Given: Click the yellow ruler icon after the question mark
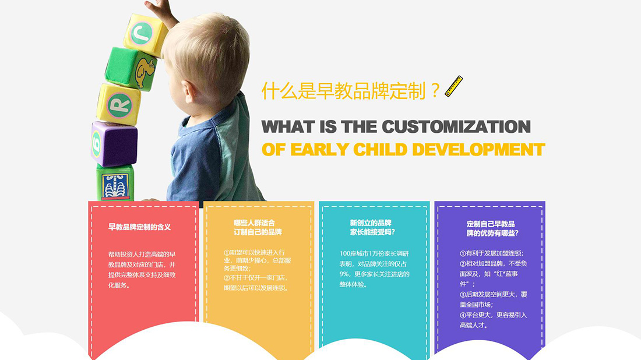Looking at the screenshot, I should coord(453,86).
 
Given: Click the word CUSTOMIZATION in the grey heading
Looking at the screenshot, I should coord(456,126).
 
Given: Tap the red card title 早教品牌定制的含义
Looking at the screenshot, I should coord(139,227).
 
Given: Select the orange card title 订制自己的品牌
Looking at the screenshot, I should coord(258,232).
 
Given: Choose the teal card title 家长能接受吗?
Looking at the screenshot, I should coord(372,232).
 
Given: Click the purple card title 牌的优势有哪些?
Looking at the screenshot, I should coord(492,233).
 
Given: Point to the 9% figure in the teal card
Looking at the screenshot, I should coord(344,273).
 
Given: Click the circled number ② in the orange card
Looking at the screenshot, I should coord(227,278).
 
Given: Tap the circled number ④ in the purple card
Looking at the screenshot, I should coord(463,315).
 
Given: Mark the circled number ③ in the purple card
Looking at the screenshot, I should coord(463,295).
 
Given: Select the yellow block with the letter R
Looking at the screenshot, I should coord(119,105).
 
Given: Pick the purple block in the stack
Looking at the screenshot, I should coord(114,143).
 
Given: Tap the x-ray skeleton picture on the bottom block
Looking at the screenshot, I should coord(113,186).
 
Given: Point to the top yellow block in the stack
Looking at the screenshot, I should coord(145,33).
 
